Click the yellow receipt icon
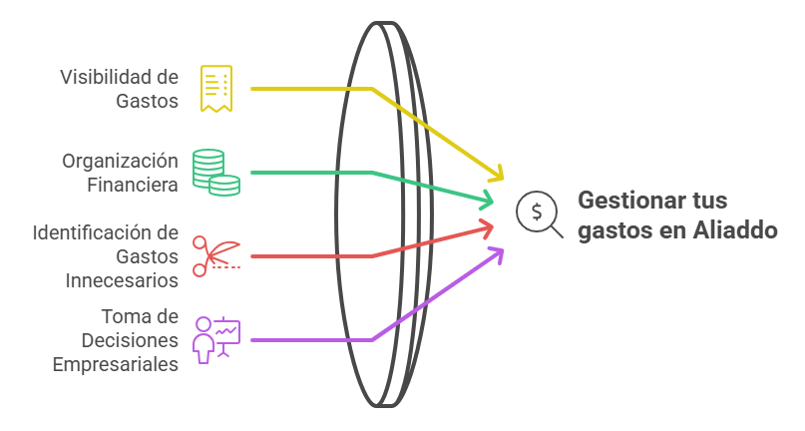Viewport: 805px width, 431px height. tap(215, 89)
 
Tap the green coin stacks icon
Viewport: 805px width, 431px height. tap(216, 172)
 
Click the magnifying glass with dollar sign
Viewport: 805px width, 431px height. tap(538, 214)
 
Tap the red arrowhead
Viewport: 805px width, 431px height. tap(487, 229)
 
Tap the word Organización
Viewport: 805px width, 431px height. tap(120, 162)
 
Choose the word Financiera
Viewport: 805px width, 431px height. tap(133, 185)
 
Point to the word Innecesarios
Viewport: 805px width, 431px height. tap(123, 280)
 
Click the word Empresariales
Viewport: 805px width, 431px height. tap(116, 364)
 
